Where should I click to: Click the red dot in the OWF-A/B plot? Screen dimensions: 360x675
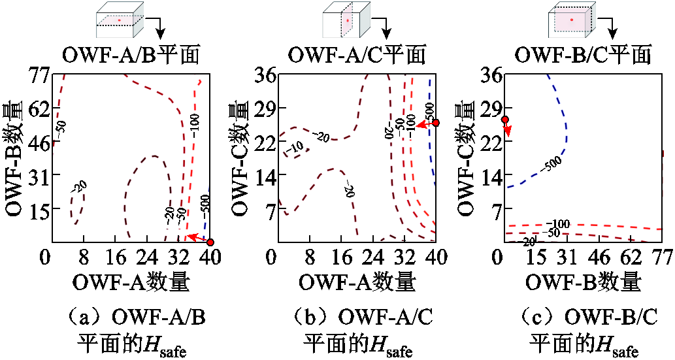tap(210, 242)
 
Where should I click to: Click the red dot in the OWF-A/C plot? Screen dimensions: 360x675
tap(436, 123)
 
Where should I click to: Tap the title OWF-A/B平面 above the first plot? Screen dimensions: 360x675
tap(131, 54)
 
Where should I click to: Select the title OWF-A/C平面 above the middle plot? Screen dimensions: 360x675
tap(357, 54)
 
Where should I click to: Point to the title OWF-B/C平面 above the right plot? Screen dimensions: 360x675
tap(583, 54)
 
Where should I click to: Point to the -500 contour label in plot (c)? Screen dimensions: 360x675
tap(552, 163)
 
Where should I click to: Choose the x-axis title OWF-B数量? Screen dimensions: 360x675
tap(583, 282)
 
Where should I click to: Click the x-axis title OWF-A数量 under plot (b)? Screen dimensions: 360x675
tap(357, 282)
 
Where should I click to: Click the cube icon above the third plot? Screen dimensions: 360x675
tap(572, 20)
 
